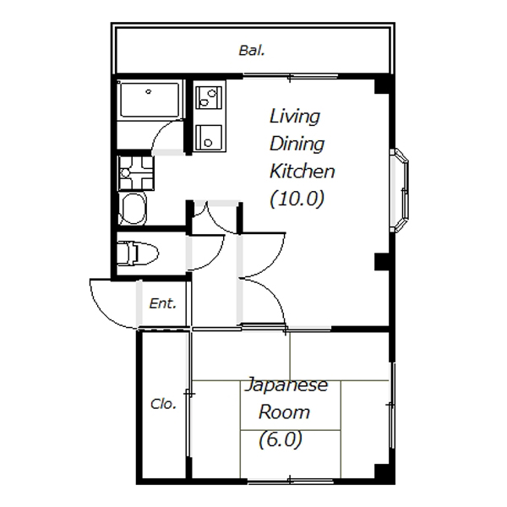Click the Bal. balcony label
coord(252,51)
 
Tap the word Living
coord(295,117)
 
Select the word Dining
coord(297,144)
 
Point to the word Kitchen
coord(302,171)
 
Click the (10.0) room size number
coord(297,199)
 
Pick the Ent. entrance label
coord(162,303)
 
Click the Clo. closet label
coord(163,404)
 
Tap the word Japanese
coord(286,385)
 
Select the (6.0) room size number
coord(281,439)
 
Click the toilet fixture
coord(138,253)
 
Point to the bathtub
coord(149,100)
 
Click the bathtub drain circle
coord(149,91)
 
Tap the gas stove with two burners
coord(210,96)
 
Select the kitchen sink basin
coord(210,138)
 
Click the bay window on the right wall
coord(400,190)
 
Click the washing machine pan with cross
coord(136,173)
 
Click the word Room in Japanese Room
coord(284,412)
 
